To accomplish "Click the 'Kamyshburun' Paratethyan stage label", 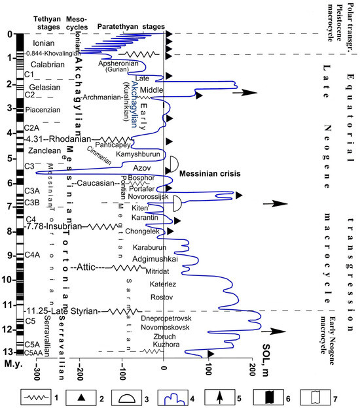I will click(137, 154).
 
